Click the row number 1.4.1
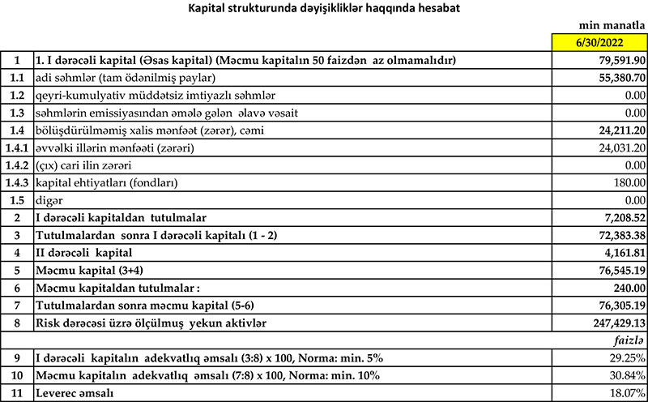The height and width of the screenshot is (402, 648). point(16,148)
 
